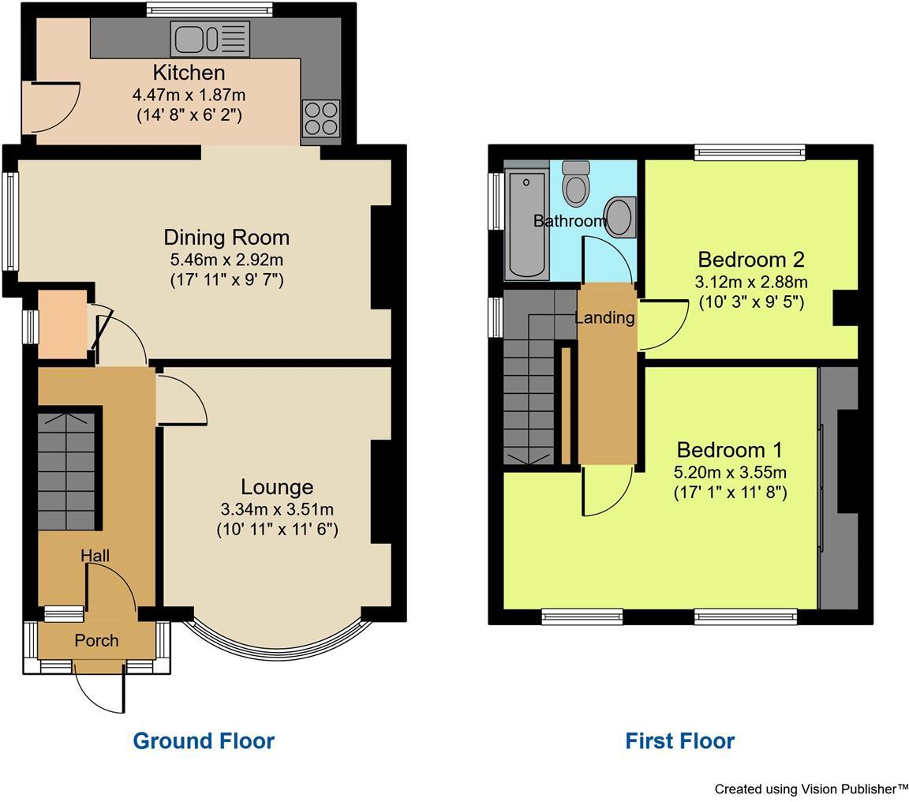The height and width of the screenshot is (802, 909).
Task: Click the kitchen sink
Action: (209, 39)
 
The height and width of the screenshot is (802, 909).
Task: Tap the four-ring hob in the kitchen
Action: (320, 118)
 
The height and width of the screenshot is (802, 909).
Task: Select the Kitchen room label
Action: (189, 73)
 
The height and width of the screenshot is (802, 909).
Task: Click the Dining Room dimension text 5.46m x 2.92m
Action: (226, 259)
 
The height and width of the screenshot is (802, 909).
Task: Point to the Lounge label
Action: (277, 487)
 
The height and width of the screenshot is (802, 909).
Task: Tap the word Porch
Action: (96, 640)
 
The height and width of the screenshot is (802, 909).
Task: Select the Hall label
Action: (95, 556)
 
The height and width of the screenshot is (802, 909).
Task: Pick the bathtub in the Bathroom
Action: (527, 223)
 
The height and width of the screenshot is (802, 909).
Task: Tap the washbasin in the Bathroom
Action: (619, 216)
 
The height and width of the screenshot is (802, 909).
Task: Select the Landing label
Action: (604, 317)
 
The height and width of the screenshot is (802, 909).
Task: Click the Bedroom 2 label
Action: (750, 259)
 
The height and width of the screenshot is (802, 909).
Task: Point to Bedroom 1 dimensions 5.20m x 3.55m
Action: (729, 472)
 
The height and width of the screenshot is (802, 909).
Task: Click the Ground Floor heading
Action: (204, 740)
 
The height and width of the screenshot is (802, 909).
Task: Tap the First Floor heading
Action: (679, 740)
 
